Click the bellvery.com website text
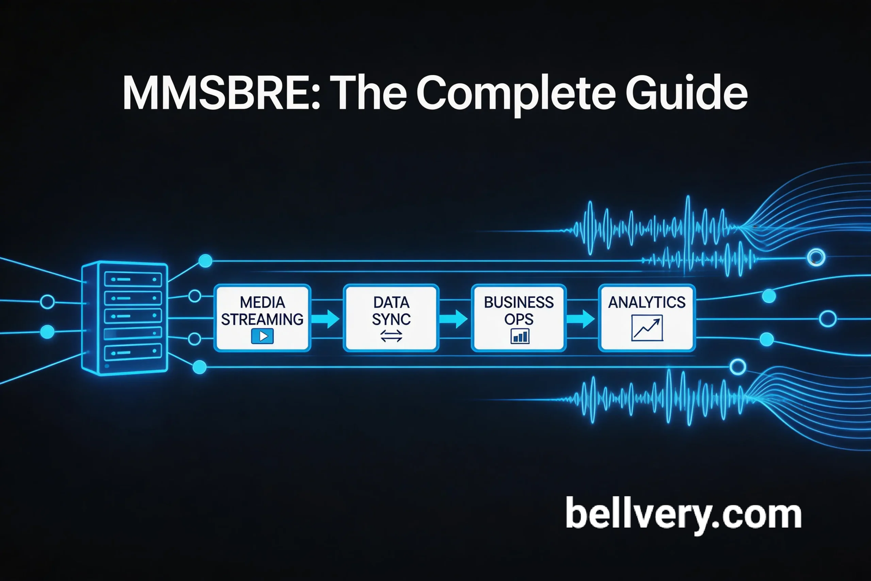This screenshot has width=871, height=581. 683,514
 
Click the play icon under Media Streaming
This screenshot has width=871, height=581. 262,336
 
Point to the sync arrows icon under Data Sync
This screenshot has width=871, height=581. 391,337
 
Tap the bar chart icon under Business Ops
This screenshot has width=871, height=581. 519,337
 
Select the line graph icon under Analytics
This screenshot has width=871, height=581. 647,328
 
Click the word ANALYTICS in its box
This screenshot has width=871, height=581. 647,302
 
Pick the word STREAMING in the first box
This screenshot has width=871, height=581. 262,319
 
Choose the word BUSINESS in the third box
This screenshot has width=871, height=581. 519,302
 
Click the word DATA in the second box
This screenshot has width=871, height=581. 391,302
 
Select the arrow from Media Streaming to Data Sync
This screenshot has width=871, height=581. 326,319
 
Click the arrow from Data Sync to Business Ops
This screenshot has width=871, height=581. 454,319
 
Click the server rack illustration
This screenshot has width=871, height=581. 125,318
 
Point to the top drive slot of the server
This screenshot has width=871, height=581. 133,280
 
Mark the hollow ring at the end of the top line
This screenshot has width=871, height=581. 815,257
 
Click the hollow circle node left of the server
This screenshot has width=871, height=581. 47,301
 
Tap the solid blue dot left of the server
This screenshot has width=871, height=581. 47,331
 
